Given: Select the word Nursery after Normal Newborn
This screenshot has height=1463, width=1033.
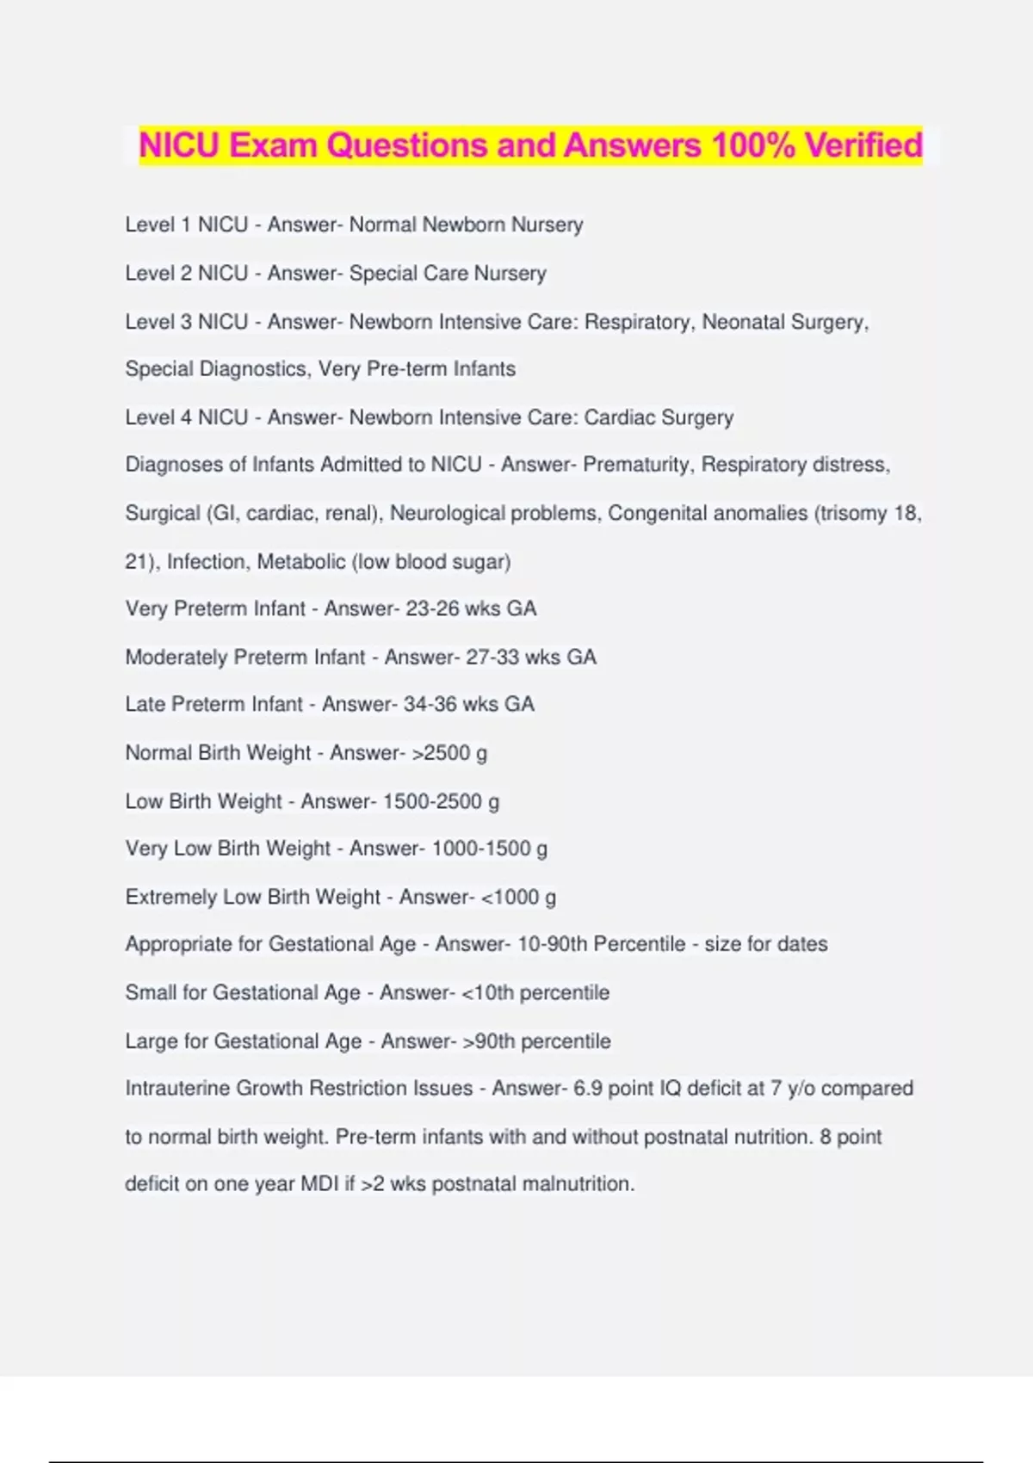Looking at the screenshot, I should tap(547, 225).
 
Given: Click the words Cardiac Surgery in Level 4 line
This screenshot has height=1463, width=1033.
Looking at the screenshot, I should tap(659, 417).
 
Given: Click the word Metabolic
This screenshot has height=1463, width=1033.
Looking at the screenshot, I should tap(300, 562).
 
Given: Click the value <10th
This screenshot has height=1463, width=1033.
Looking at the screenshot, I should tap(487, 992).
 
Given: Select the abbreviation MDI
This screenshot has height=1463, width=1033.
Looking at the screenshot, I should tap(319, 1184).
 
